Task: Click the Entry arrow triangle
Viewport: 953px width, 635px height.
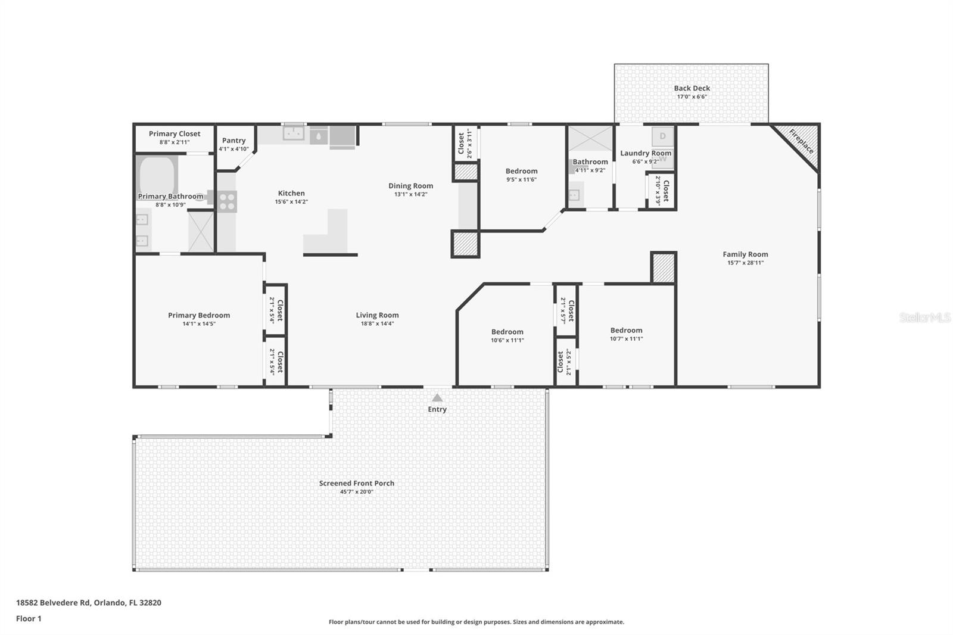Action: [x=437, y=398]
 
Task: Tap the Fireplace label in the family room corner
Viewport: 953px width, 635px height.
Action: [x=802, y=141]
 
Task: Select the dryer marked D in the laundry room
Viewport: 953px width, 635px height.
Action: [x=662, y=136]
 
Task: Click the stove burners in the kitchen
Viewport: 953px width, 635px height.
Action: [x=227, y=202]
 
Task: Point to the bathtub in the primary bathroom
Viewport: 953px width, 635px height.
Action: [x=157, y=175]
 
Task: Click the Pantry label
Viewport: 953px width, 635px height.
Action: [x=233, y=141]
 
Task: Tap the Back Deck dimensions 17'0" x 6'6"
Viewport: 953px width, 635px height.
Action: [x=692, y=97]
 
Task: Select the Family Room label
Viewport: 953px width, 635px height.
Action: [x=745, y=254]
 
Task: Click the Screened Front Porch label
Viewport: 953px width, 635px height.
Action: [x=357, y=483]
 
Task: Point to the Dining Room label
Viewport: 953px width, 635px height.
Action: [x=410, y=186]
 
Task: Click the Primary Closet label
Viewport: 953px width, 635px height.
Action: [x=175, y=133]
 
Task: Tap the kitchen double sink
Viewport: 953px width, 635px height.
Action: [x=294, y=133]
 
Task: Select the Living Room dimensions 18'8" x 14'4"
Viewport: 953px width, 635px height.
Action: [x=378, y=323]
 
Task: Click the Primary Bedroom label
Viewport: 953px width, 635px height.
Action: [x=199, y=315]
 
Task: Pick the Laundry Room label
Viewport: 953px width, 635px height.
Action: [x=646, y=152]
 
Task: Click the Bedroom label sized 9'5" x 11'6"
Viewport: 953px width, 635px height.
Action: [x=521, y=171]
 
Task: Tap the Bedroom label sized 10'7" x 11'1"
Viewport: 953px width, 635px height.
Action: [x=626, y=330]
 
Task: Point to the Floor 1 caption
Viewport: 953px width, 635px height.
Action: [x=29, y=618]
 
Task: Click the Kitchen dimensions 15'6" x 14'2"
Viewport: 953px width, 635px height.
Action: [x=291, y=202]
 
